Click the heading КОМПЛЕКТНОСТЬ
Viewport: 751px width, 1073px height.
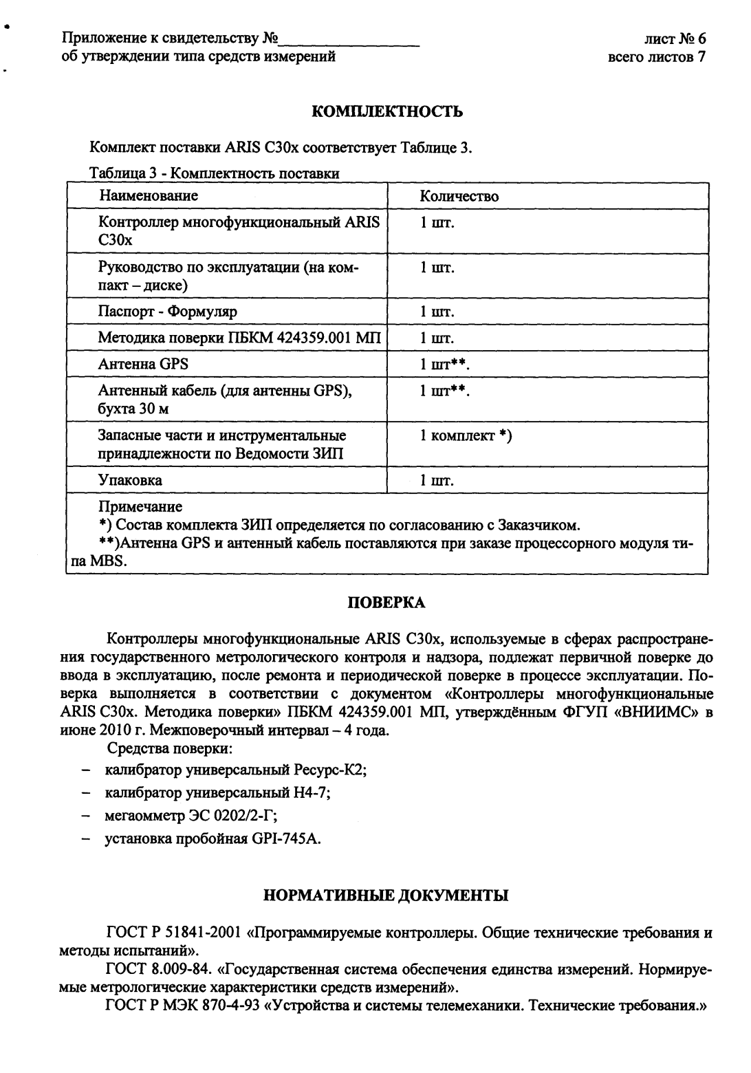click(x=387, y=111)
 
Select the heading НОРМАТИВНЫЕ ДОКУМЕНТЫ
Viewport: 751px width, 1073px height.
click(x=387, y=896)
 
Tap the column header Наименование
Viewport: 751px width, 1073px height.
click(x=149, y=196)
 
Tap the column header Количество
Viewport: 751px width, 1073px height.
click(x=459, y=197)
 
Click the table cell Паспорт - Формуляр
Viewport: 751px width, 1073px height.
click(x=168, y=312)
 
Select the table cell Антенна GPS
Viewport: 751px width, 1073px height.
click(x=143, y=364)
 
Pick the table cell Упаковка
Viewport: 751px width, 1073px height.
click(x=131, y=480)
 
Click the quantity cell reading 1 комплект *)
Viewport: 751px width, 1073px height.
click(x=466, y=436)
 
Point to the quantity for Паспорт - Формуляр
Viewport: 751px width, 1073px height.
click(x=437, y=312)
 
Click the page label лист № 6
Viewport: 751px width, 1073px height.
click(x=675, y=39)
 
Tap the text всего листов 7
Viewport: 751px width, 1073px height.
click(x=657, y=56)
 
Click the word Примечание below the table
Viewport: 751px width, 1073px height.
click(x=141, y=508)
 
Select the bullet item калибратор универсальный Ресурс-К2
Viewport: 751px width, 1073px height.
click(x=235, y=770)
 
